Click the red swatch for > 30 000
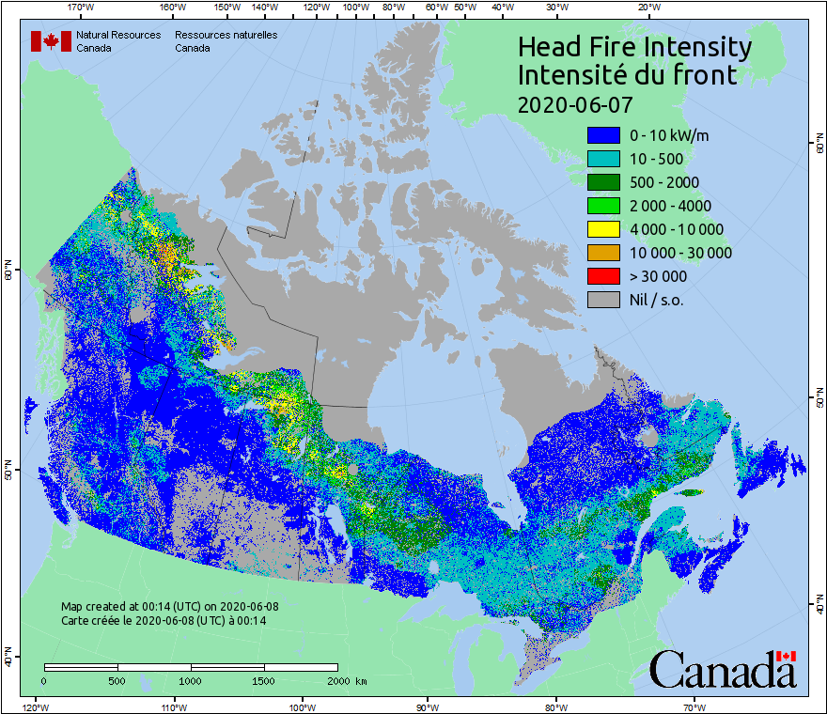pyautogui.click(x=603, y=276)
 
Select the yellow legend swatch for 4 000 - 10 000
pyautogui.click(x=603, y=229)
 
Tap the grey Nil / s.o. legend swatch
pyautogui.click(x=603, y=300)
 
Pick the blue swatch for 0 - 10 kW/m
pyautogui.click(x=603, y=135)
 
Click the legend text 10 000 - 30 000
pyautogui.click(x=680, y=253)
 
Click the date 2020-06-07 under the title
pyautogui.click(x=575, y=103)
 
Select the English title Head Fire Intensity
pyautogui.click(x=634, y=47)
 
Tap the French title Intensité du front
pyautogui.click(x=628, y=75)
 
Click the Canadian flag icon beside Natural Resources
pyautogui.click(x=51, y=41)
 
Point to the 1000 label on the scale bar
pyautogui.click(x=191, y=680)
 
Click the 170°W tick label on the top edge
pyautogui.click(x=82, y=8)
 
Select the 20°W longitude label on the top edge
pyautogui.click(x=648, y=8)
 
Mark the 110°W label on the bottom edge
pyautogui.click(x=172, y=706)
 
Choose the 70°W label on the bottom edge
pyautogui.click(x=694, y=706)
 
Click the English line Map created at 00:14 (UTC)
pyautogui.click(x=170, y=606)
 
